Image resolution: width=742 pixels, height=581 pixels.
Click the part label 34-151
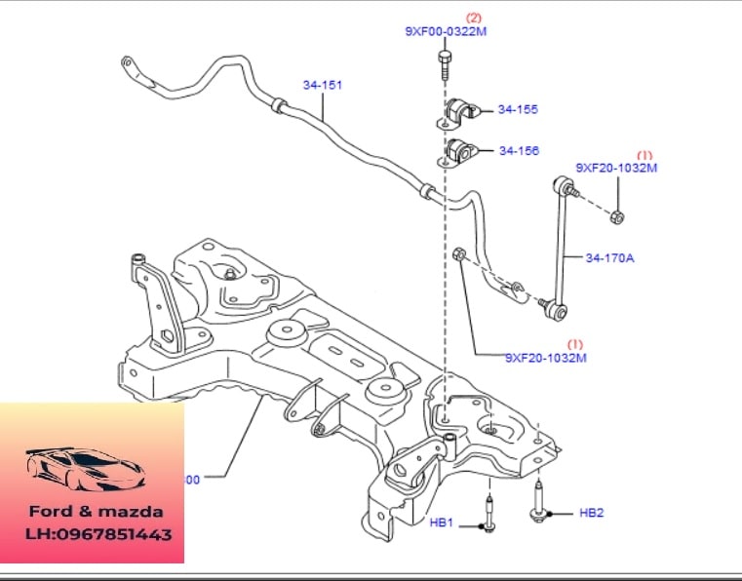(322, 86)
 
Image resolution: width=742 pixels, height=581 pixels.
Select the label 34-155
(518, 110)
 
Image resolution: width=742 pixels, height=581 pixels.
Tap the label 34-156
(519, 151)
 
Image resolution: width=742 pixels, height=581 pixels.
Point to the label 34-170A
(609, 258)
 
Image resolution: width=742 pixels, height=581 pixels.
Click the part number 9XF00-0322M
(446, 31)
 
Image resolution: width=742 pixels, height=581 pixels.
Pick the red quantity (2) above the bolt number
(474, 18)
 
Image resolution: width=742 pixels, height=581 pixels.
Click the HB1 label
(443, 523)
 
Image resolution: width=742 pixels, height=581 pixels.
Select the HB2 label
(592, 513)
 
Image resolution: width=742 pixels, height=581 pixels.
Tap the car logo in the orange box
(86, 469)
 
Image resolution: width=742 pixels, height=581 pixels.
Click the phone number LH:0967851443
(98, 534)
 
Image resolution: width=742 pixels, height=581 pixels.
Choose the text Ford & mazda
(96, 511)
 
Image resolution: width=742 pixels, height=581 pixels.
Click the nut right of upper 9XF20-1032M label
(619, 214)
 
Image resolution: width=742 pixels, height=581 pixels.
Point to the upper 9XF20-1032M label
(616, 168)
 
